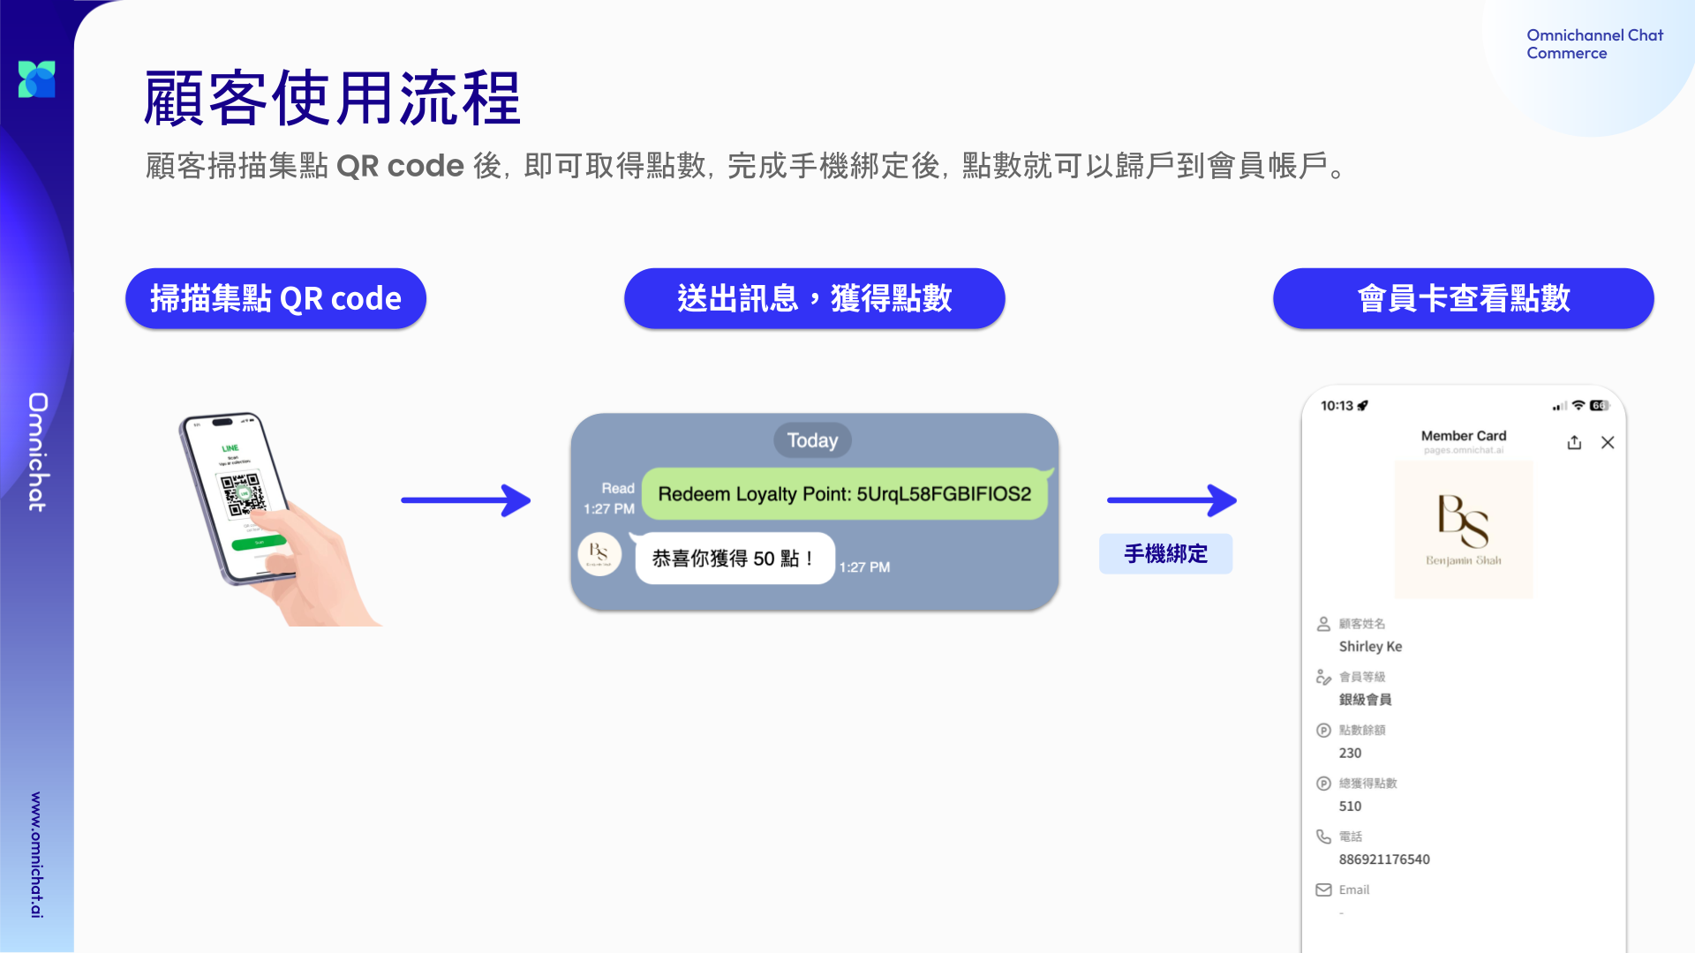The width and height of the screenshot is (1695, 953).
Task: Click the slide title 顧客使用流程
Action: [332, 98]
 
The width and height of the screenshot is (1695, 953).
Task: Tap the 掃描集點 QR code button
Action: [275, 298]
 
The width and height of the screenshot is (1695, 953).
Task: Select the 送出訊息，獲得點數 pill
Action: [814, 298]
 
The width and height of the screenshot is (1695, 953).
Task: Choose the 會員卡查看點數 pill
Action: [1463, 298]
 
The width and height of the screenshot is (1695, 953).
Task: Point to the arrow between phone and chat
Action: [465, 500]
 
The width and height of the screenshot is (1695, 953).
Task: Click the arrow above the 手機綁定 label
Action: [1171, 500]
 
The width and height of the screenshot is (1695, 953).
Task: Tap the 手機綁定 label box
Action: [1165, 554]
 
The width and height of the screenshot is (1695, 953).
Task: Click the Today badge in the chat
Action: [812, 440]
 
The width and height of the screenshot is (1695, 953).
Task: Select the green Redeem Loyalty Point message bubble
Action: [844, 494]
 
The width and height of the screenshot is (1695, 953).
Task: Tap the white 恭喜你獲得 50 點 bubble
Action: [734, 559]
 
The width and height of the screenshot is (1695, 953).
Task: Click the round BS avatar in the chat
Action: [599, 554]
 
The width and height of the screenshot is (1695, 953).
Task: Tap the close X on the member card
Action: [1608, 443]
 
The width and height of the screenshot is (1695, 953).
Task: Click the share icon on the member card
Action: [1574, 443]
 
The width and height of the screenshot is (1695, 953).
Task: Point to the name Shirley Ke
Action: [1370, 647]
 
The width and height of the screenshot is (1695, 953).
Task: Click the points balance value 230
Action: [1350, 754]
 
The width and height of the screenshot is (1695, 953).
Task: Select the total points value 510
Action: [1350, 807]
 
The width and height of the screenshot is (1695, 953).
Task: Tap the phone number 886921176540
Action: [1383, 859]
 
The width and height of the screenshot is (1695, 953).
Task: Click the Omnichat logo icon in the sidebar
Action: [37, 79]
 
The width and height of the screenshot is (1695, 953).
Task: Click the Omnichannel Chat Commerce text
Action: [1594, 44]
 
